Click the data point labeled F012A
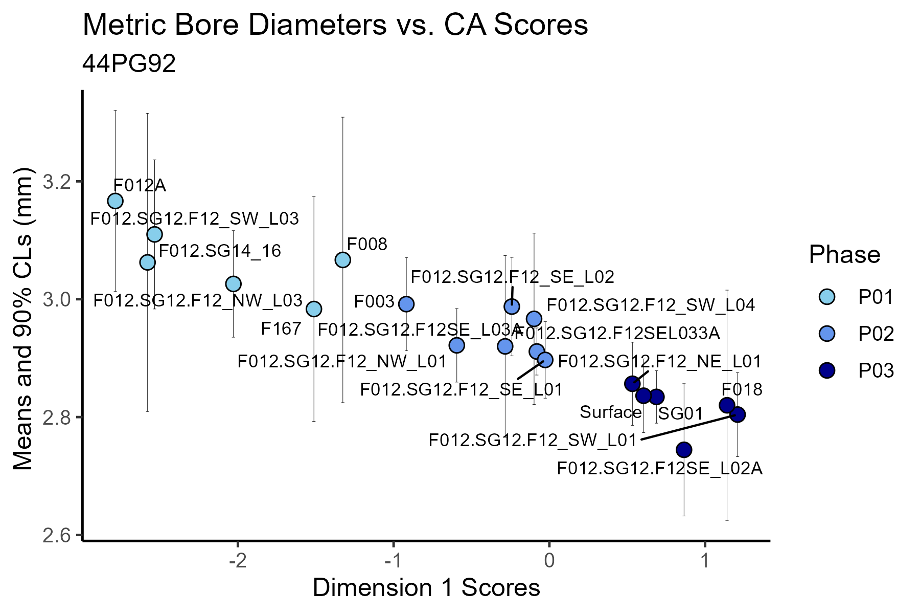click(x=116, y=201)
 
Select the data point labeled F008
click(x=342, y=260)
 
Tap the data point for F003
click(x=406, y=304)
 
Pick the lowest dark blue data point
click(x=684, y=450)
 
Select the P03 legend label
click(x=876, y=370)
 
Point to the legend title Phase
click(x=844, y=254)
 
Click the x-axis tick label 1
click(x=704, y=561)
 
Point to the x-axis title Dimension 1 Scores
click(x=426, y=588)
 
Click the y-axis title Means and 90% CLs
click(x=22, y=318)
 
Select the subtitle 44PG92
click(x=129, y=64)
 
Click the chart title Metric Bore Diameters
click(x=335, y=25)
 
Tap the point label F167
click(x=281, y=328)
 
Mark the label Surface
click(x=611, y=412)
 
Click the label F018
click(x=742, y=390)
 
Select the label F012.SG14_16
click(x=220, y=251)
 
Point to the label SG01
click(x=681, y=413)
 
